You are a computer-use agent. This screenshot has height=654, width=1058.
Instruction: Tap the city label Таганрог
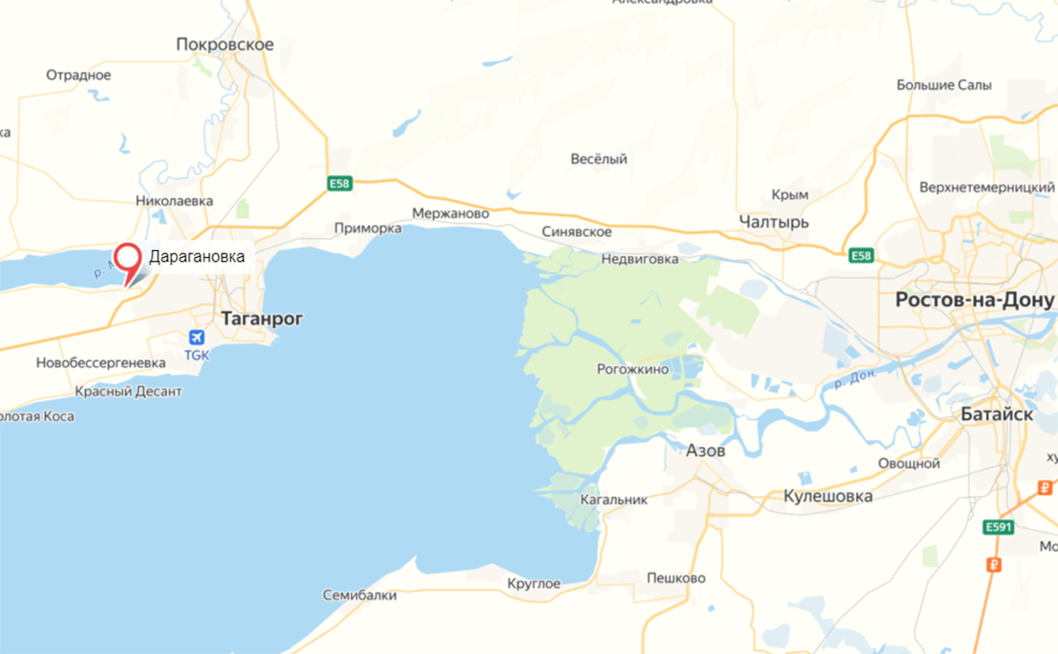[x=262, y=318]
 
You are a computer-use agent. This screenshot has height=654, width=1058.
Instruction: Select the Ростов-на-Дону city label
[x=976, y=300]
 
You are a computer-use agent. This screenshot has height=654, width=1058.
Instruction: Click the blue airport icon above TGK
[x=196, y=338]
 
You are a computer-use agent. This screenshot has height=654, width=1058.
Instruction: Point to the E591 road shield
[x=997, y=527]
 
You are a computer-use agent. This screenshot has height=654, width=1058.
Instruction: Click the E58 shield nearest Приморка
[x=340, y=184]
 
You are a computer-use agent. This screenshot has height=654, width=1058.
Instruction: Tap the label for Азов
[x=705, y=451]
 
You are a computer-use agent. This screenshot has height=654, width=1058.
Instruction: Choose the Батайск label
[x=996, y=415]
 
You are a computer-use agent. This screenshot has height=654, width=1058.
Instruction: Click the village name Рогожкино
[x=633, y=369]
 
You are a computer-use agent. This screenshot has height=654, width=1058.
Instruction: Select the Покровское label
[x=225, y=44]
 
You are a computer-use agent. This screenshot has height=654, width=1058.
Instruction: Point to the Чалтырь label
[x=774, y=221]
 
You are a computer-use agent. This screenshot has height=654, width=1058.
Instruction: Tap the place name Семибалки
[x=359, y=596]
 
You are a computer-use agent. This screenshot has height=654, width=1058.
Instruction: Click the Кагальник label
[x=613, y=499]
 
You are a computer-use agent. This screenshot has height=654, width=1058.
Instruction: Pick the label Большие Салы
[x=944, y=85]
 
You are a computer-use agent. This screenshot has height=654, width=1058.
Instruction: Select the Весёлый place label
[x=599, y=159]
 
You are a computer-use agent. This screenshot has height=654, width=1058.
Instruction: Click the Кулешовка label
[x=828, y=495]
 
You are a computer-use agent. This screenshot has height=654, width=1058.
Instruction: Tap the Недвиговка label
[x=639, y=259]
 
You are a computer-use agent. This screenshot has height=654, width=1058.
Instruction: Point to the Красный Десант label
[x=128, y=392]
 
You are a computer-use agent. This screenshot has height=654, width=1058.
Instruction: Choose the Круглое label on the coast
[x=533, y=584]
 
